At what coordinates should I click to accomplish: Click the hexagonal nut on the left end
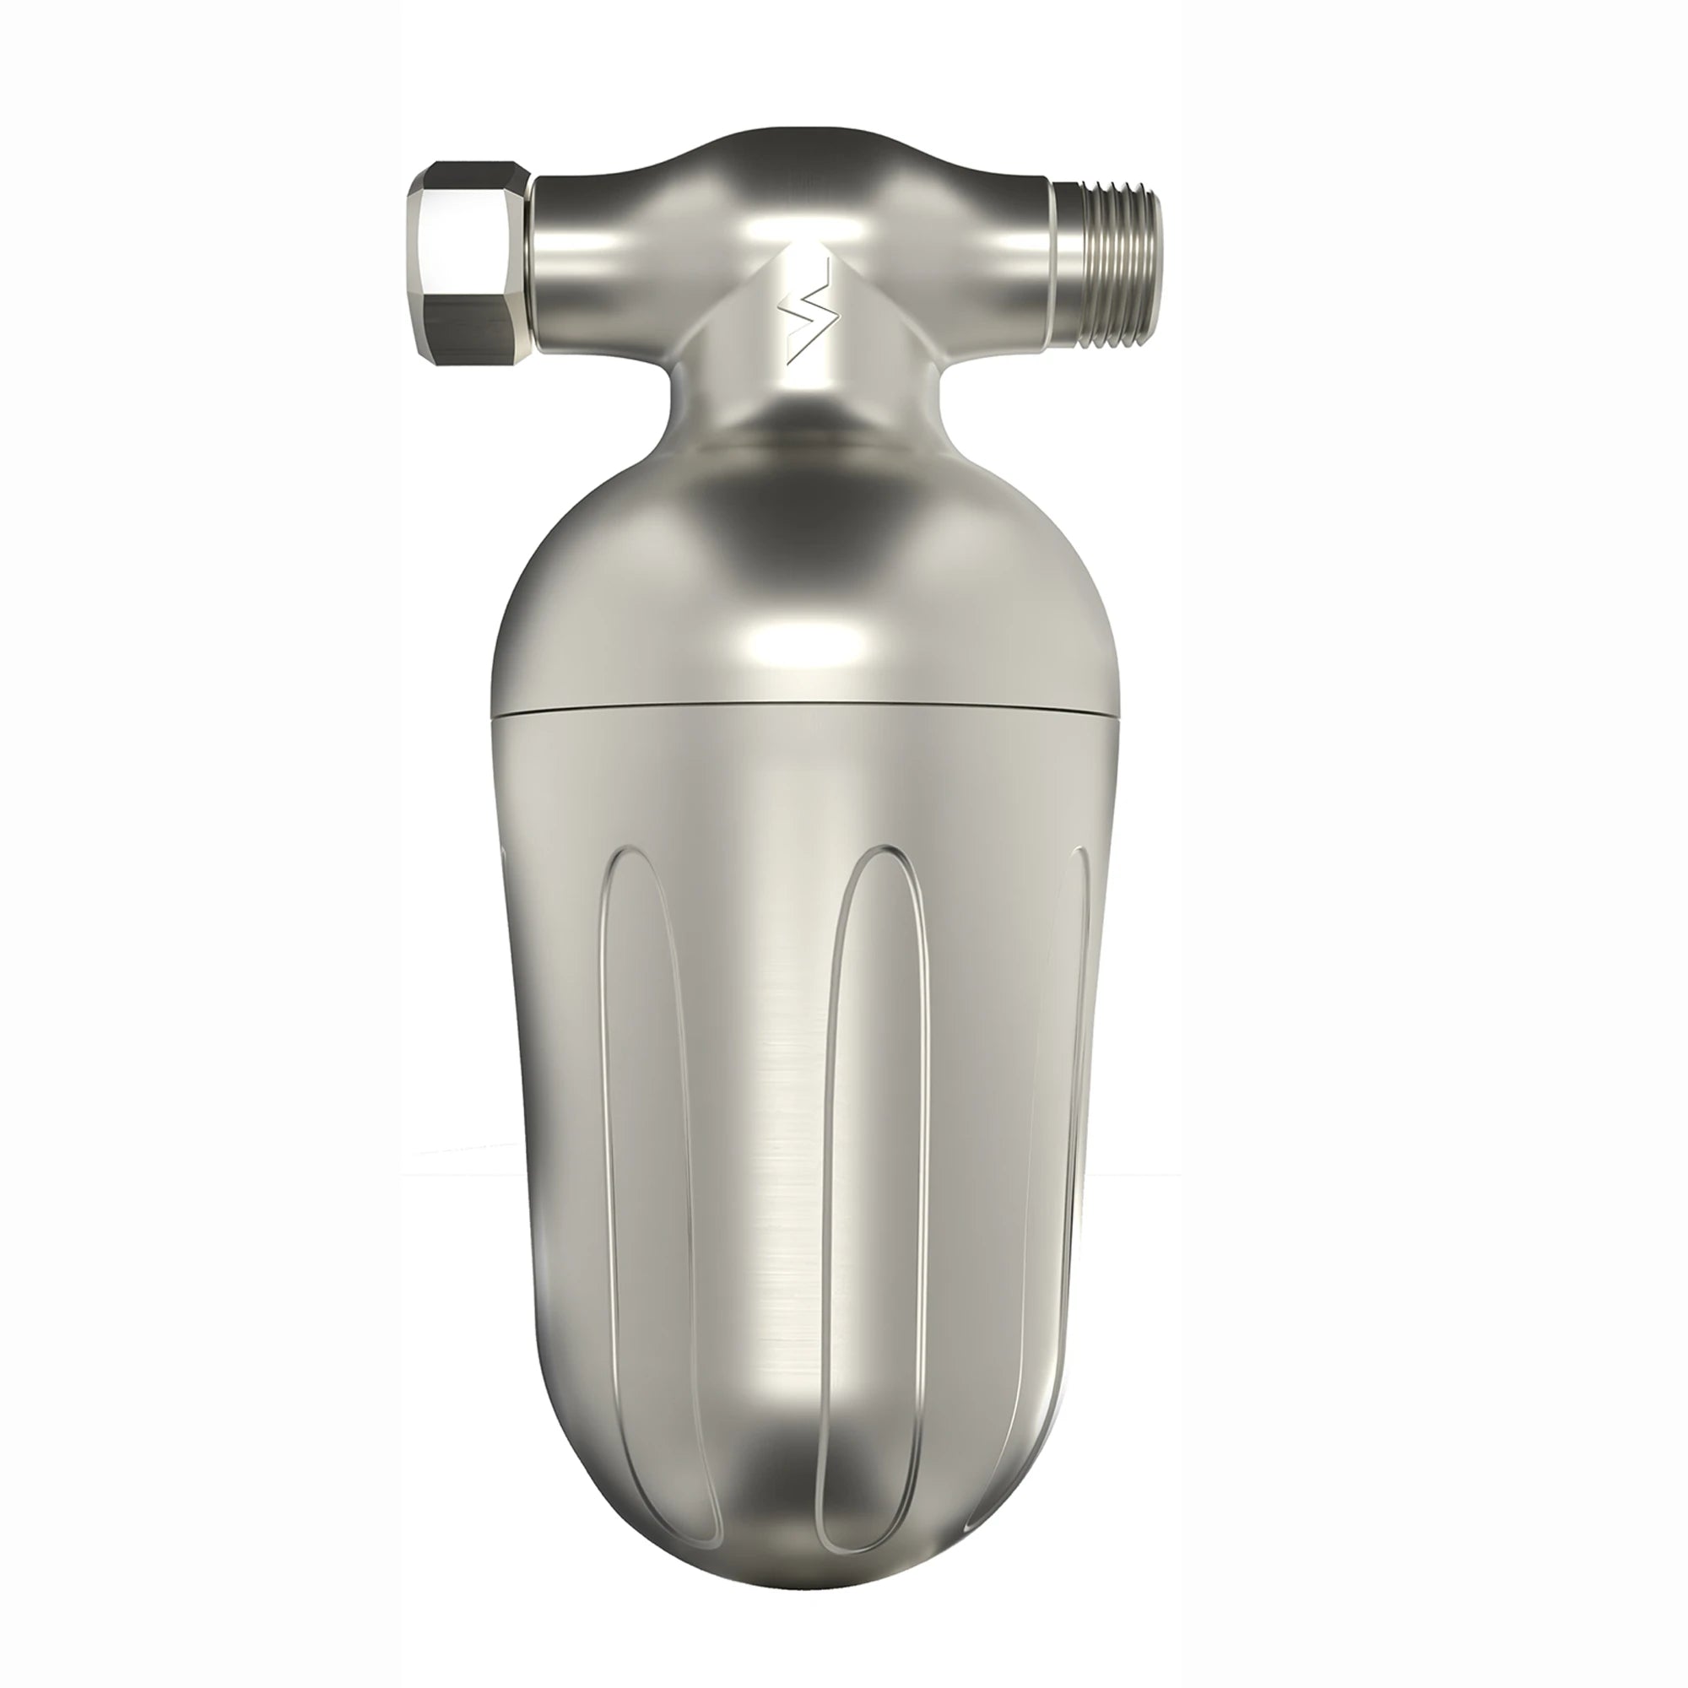point(468,262)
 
